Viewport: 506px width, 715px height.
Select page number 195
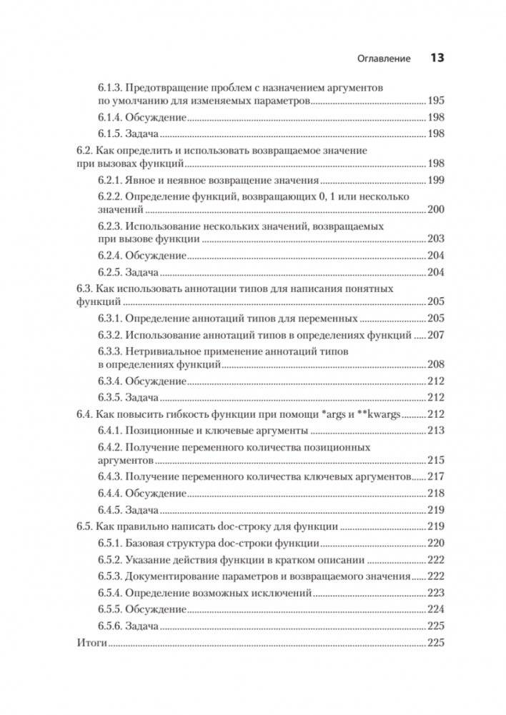tap(435, 101)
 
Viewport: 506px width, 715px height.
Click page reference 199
tap(435, 180)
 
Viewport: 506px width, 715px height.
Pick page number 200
tap(435, 209)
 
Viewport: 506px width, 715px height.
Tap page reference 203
tap(435, 239)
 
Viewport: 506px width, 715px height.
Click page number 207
tap(435, 334)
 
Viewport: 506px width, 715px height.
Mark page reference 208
tap(435, 364)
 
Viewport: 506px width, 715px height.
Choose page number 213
tap(435, 430)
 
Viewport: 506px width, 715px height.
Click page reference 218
tap(435, 493)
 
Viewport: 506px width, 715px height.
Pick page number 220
tap(435, 543)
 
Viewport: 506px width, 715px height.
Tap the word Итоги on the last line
tap(91, 643)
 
